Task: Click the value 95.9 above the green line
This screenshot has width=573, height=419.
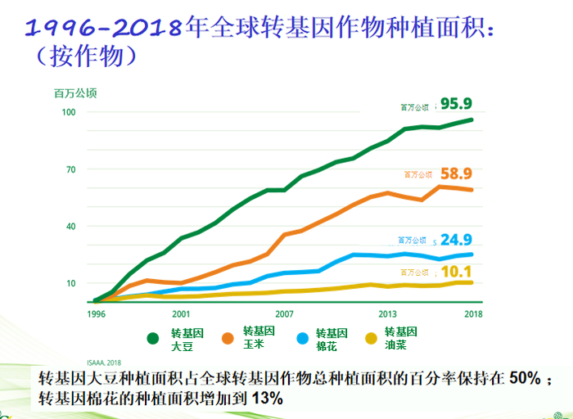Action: click(x=457, y=104)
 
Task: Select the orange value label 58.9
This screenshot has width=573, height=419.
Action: click(x=457, y=173)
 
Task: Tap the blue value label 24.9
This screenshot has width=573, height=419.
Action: click(x=457, y=240)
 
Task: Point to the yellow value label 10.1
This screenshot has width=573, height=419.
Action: click(x=457, y=272)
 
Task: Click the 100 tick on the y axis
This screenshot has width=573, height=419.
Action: click(x=68, y=111)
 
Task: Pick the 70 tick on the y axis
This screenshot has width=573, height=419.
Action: click(x=70, y=169)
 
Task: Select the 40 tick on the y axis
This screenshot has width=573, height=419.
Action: click(x=70, y=227)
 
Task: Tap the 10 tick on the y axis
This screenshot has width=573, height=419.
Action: click(x=70, y=283)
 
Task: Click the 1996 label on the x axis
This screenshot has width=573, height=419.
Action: click(x=97, y=313)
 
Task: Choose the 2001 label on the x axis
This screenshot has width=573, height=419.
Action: click(x=181, y=313)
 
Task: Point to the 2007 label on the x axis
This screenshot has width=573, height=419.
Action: click(x=284, y=313)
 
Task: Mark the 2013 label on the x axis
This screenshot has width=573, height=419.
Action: click(x=387, y=313)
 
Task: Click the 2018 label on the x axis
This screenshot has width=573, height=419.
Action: click(x=472, y=313)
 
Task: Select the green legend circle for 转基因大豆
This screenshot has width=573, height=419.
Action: click(x=152, y=338)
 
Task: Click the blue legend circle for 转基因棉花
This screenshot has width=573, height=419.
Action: click(x=301, y=338)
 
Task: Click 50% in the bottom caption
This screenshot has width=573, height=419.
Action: click(x=523, y=380)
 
